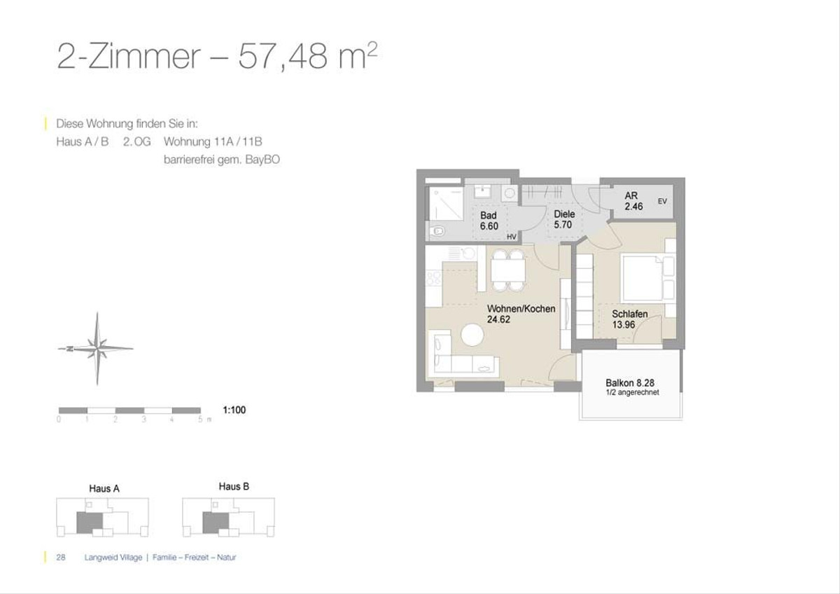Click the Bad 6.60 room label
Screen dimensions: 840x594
click(489, 221)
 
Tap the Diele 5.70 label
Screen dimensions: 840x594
click(564, 219)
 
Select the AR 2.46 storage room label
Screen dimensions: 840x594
click(633, 201)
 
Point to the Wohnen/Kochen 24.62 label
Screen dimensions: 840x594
click(521, 314)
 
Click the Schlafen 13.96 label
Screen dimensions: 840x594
click(629, 319)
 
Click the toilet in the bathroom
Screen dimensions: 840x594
click(436, 230)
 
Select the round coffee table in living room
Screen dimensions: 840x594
click(472, 335)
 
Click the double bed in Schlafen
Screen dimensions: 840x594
click(647, 277)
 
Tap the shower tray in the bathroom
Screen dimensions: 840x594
click(446, 204)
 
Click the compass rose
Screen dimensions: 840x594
click(97, 349)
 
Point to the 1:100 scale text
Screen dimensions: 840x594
click(234, 410)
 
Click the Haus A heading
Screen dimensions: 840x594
click(104, 488)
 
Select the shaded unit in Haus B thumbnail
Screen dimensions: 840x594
click(216, 523)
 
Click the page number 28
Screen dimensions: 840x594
click(61, 558)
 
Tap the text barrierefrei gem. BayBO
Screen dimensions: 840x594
click(222, 160)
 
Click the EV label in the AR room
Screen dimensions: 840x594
click(662, 201)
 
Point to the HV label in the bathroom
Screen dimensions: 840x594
click(512, 237)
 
